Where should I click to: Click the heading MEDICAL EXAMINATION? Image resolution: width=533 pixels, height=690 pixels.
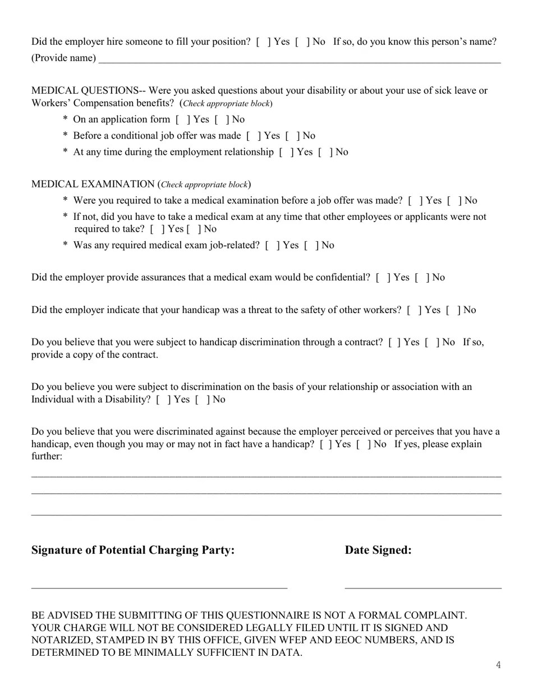tap(93, 185)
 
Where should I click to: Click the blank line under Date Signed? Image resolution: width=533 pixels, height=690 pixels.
tap(422, 587)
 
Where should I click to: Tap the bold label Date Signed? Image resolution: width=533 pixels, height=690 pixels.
tap(378, 550)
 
